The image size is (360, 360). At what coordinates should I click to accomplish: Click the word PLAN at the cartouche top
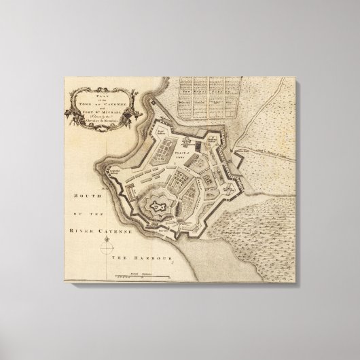coord(103,88)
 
